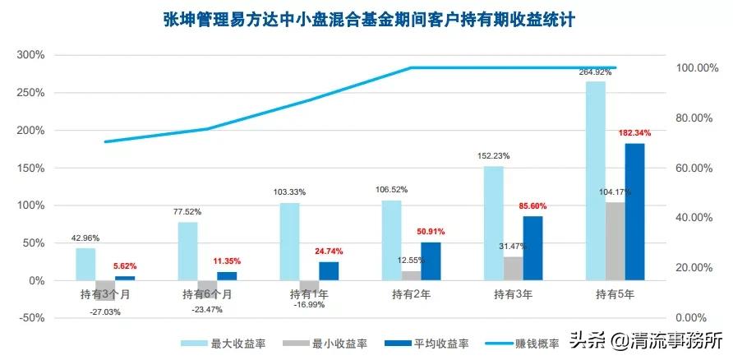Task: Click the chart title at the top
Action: click(x=366, y=18)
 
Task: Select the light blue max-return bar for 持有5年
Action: click(x=595, y=181)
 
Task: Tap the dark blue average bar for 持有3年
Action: click(x=532, y=248)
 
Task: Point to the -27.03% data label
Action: click(x=106, y=312)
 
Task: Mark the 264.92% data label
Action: click(x=595, y=72)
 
